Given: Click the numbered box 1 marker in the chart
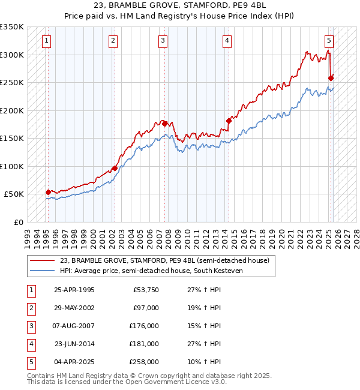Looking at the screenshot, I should click(x=47, y=41).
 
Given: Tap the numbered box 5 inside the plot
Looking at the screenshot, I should click(x=329, y=41).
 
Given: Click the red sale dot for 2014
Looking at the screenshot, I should click(x=229, y=121).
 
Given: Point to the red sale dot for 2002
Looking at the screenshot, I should click(x=114, y=168).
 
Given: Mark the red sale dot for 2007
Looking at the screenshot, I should click(x=164, y=124).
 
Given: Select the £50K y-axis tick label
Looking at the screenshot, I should click(x=14, y=194).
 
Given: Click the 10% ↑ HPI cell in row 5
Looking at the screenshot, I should click(x=204, y=362).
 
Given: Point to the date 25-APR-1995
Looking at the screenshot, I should click(x=74, y=290).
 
